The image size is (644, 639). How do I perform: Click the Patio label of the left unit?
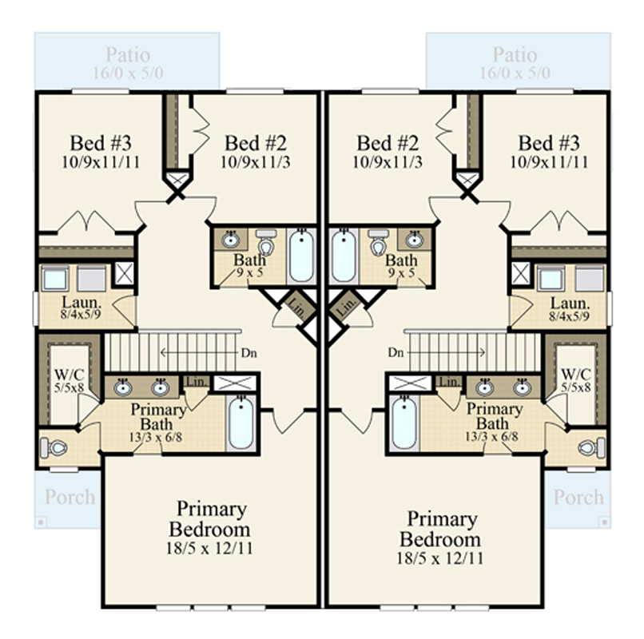coord(128,55)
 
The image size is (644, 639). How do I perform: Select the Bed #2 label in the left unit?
coord(255,144)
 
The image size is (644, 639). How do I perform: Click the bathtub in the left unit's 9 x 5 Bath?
coord(301,256)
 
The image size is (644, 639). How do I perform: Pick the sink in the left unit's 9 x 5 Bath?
coord(231,240)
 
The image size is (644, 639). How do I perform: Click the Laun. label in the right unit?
coord(570,304)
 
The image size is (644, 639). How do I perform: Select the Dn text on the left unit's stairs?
coord(249,352)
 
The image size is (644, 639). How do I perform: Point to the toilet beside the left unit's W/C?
coord(58,447)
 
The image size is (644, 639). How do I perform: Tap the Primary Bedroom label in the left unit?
coord(213,519)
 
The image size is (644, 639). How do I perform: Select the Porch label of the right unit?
coord(578,497)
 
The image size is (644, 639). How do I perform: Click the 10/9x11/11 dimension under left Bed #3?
coord(101,161)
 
